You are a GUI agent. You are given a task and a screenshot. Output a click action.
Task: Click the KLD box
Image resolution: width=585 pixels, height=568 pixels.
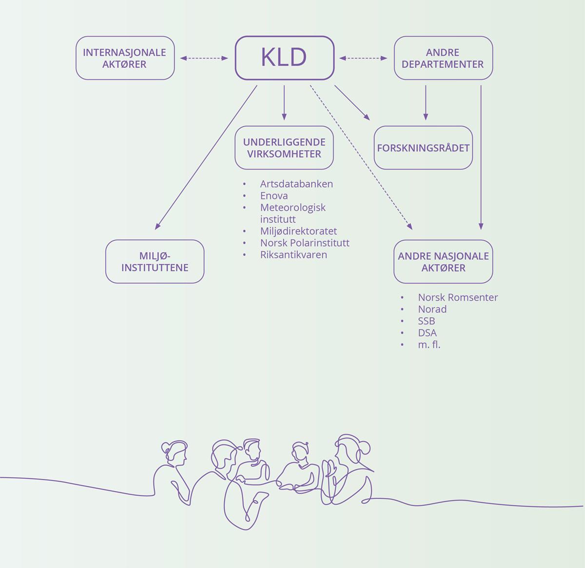[285, 58]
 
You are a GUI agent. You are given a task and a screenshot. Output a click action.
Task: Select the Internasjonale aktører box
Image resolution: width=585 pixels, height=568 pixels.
[125, 58]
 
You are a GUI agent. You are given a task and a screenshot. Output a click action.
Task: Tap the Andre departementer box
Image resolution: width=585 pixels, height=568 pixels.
[443, 58]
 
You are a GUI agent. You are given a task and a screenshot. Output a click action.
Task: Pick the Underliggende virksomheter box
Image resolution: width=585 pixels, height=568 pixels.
[284, 148]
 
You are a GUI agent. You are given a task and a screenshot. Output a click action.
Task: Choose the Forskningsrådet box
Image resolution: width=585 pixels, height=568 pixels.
[423, 148]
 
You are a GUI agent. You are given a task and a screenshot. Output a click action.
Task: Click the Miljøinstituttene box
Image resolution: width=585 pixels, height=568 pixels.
[155, 261]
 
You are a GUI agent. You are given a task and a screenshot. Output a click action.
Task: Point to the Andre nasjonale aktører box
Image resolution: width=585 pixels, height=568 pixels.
[443, 261]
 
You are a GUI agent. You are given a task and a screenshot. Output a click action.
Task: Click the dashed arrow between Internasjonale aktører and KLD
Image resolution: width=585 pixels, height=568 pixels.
[204, 59]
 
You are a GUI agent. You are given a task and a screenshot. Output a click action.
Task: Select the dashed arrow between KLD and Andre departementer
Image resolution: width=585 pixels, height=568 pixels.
[363, 59]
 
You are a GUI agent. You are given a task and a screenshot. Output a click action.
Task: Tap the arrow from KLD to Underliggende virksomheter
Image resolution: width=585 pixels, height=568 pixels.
[284, 102]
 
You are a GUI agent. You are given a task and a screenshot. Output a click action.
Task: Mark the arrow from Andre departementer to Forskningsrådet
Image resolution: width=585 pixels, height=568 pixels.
[426, 102]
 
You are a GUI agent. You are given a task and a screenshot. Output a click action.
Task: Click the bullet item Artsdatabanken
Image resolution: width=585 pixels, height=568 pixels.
[296, 184]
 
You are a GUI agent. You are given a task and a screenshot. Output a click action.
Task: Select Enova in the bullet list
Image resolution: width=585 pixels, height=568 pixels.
[274, 196]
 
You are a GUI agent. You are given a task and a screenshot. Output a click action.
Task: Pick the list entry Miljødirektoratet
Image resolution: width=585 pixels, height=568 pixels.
[298, 231]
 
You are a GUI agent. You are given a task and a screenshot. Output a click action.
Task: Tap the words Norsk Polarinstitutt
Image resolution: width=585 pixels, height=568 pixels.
[305, 243]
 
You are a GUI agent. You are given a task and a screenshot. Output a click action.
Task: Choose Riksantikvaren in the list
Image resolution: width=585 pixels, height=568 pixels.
[293, 255]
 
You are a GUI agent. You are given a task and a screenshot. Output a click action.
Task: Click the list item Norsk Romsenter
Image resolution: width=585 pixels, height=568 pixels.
[458, 297]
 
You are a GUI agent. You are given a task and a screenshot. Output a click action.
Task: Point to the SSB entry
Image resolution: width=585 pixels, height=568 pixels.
[427, 321]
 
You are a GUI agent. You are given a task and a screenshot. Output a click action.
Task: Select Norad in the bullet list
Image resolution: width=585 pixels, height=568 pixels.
[432, 309]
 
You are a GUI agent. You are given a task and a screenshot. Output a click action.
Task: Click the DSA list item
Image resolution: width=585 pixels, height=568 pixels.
[427, 333]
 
